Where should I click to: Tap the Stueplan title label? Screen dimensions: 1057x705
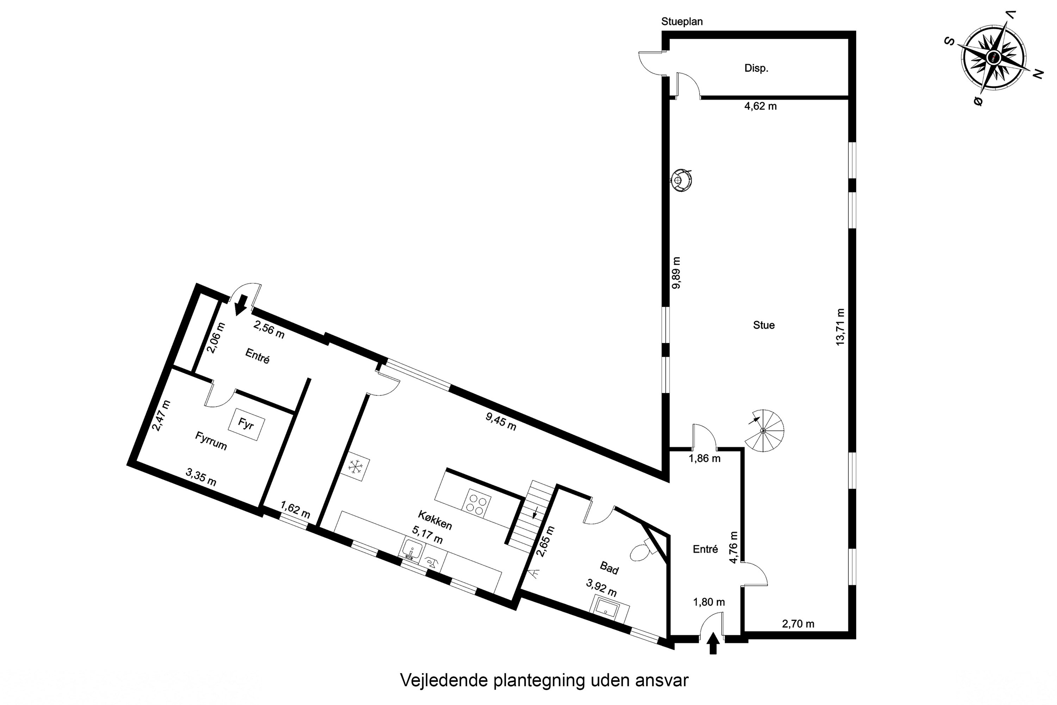tap(682, 21)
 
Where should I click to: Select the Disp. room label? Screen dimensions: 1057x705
tap(756, 68)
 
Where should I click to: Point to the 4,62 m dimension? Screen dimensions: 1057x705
tap(760, 106)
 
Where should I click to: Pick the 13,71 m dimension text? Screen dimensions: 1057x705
tap(840, 326)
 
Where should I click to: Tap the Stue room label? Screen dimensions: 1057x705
tap(764, 325)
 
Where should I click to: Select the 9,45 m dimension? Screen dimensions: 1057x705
tap(501, 421)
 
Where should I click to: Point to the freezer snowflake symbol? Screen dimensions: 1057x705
tap(356, 467)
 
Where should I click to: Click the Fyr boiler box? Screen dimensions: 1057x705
tap(246, 424)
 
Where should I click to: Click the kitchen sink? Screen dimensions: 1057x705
tap(412, 551)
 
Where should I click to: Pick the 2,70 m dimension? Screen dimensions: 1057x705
tap(798, 624)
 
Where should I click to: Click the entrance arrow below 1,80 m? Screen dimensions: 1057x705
tap(713, 643)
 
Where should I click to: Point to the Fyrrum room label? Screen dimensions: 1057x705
tap(211, 441)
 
